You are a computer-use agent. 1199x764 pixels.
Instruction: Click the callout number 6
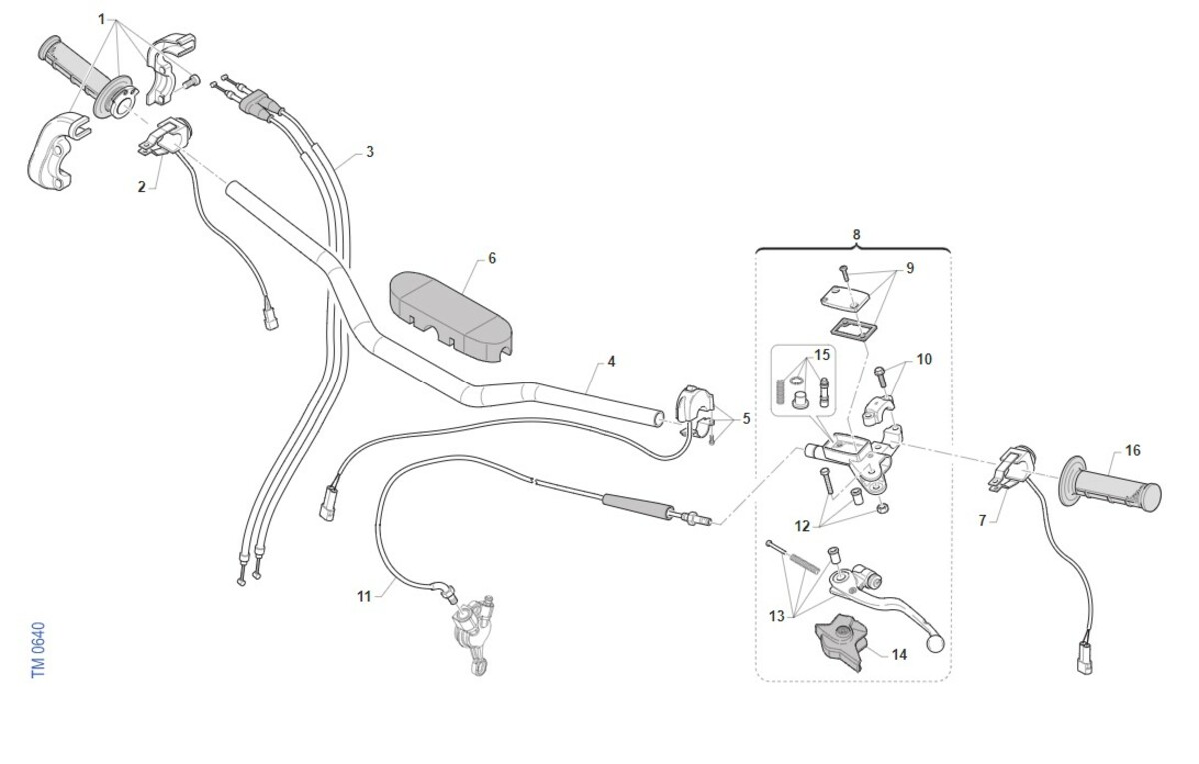[492, 259]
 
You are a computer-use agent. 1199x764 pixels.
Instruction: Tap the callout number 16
[1133, 451]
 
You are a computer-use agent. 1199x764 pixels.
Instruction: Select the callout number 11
[364, 596]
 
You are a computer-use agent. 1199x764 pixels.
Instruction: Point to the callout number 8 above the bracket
[856, 235]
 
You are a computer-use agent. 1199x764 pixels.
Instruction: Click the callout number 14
[899, 655]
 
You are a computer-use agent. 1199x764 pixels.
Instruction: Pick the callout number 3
[370, 152]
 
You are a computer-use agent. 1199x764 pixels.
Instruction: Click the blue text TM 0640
[39, 650]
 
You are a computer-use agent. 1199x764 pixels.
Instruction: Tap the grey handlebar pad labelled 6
[451, 316]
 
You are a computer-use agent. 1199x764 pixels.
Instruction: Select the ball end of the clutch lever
[934, 643]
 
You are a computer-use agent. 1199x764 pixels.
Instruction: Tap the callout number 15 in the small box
[822, 355]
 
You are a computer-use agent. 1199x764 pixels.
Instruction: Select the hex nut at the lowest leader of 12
[883, 507]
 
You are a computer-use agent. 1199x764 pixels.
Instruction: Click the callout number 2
[141, 187]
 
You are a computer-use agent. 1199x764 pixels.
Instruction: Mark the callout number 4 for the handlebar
[611, 362]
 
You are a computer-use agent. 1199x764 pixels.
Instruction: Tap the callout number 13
[777, 617]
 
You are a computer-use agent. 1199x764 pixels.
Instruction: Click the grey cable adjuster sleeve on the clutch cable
[637, 507]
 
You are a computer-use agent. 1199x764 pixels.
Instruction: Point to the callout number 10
[924, 359]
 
